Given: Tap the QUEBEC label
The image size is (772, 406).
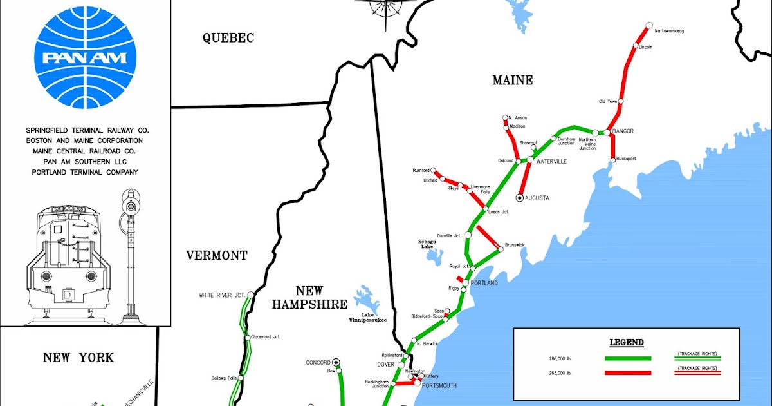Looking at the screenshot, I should click(x=228, y=38).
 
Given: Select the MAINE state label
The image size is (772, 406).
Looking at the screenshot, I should click(x=512, y=81).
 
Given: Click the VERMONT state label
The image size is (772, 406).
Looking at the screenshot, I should click(x=217, y=256).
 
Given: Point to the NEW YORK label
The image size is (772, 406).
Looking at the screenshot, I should click(x=78, y=358).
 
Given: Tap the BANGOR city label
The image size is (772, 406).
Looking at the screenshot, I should click(x=623, y=131).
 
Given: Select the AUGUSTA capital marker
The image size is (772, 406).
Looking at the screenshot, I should click(x=520, y=198).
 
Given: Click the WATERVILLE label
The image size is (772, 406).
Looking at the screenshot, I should click(x=551, y=161).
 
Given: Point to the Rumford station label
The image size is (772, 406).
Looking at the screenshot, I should click(x=421, y=171).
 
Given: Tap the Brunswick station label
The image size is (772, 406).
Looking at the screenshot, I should click(x=516, y=245).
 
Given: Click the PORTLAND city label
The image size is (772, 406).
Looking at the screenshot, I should click(x=484, y=284).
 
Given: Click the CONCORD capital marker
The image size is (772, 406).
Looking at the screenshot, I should click(x=336, y=362).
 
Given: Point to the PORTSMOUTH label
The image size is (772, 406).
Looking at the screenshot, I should click(x=439, y=385).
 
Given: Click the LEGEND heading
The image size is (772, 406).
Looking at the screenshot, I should click(x=626, y=342).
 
